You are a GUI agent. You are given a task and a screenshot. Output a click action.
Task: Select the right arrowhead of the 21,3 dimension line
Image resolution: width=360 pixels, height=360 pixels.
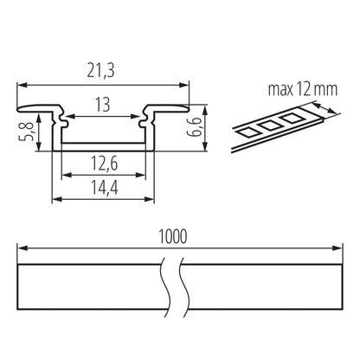click(185, 84)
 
